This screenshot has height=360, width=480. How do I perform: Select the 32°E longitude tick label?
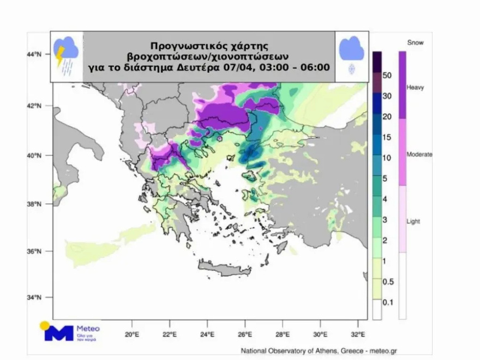click(x=358, y=334)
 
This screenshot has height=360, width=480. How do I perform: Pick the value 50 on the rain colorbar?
click(x=388, y=76)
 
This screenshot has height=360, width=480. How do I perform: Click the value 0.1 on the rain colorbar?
click(x=388, y=302)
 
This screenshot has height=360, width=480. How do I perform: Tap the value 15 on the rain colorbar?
click(x=388, y=137)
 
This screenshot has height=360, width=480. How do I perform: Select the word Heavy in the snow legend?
click(x=416, y=87)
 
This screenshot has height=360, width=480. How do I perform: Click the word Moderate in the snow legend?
click(x=419, y=155)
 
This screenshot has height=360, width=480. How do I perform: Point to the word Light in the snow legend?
click(x=414, y=221)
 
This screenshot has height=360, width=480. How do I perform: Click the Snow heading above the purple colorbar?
click(x=415, y=42)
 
